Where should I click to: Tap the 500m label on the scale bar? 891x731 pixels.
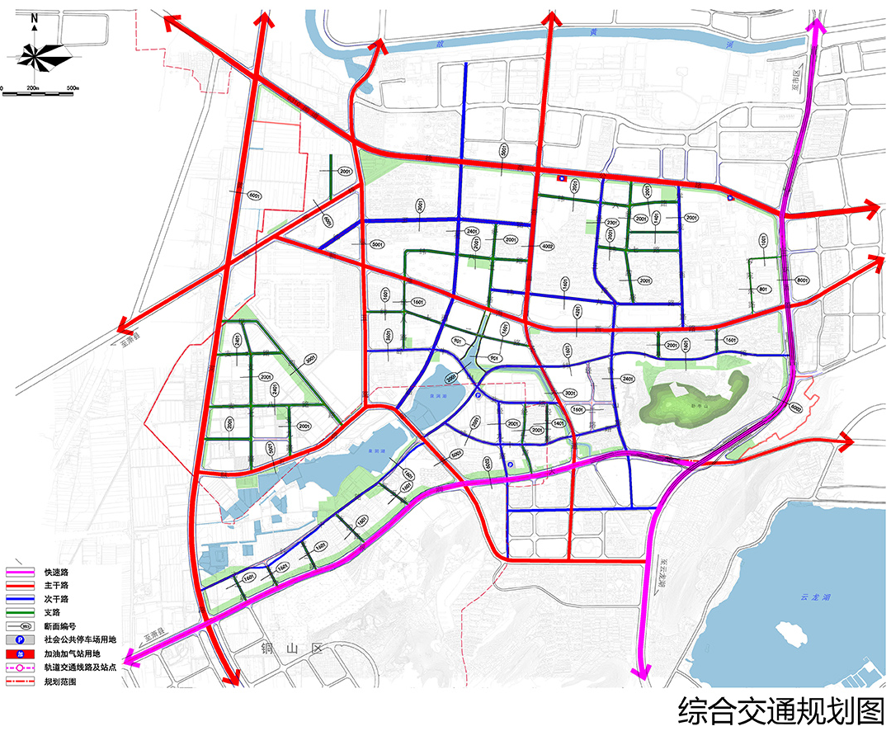(72, 87)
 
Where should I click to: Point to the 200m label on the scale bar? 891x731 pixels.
(33, 87)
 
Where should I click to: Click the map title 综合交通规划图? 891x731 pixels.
(780, 710)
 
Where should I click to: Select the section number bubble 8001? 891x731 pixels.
(801, 281)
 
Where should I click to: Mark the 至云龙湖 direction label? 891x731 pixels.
(662, 574)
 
